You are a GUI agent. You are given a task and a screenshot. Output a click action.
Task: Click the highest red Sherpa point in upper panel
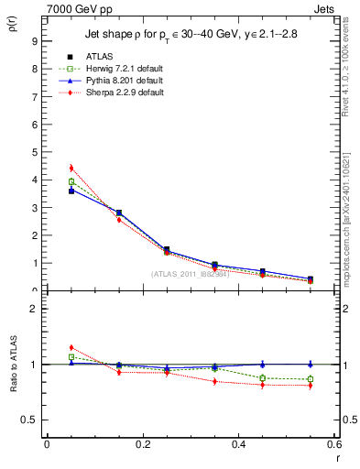click(x=71, y=168)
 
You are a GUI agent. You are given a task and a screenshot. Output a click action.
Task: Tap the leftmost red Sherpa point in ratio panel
click(x=71, y=347)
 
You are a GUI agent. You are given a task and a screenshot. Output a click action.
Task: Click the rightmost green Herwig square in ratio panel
click(x=310, y=379)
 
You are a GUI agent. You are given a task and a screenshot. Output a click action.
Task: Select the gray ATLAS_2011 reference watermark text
click(x=190, y=273)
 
